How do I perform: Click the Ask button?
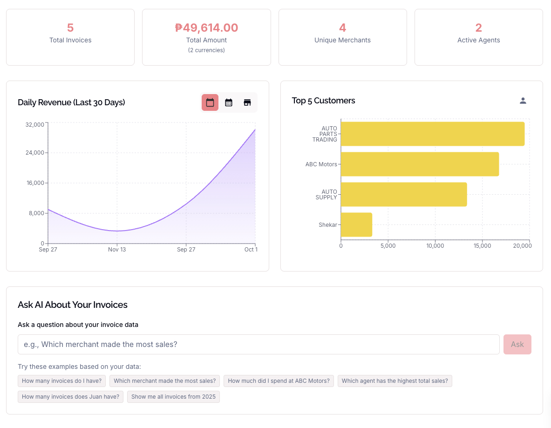[x=517, y=344]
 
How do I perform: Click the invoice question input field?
[x=258, y=344]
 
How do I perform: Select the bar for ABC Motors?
[x=419, y=164]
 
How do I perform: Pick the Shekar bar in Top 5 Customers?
[x=356, y=224]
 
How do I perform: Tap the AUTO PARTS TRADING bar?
[x=432, y=134]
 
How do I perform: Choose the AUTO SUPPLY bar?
[x=403, y=194]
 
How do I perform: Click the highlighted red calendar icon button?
[x=210, y=102]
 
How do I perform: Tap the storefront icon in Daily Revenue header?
[x=247, y=102]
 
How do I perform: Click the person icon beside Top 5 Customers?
[x=523, y=101]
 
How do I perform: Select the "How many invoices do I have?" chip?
[x=61, y=381]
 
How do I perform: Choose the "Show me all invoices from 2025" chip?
[x=173, y=397]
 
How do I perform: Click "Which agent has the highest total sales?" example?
[x=395, y=381]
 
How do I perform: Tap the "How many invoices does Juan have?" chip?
[x=70, y=397]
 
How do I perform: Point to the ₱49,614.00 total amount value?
[x=206, y=28]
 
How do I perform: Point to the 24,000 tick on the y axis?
[x=35, y=153]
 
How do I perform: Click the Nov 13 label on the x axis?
[x=117, y=250]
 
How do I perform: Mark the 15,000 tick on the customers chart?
[x=482, y=246]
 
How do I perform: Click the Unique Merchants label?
[x=342, y=40]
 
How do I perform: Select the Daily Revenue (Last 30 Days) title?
[x=71, y=102]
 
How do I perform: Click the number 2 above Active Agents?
[x=478, y=28]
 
